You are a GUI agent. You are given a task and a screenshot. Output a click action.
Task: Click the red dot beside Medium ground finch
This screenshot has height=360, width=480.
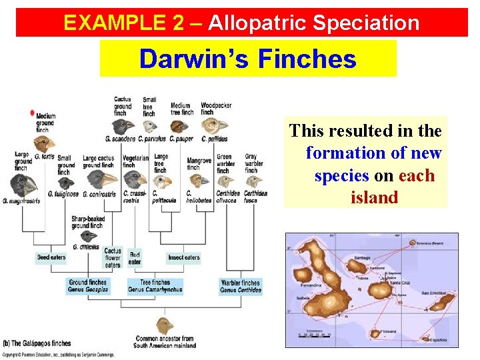coord(32,114)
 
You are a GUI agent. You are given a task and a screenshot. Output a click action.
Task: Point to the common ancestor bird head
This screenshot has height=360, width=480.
coord(164,327)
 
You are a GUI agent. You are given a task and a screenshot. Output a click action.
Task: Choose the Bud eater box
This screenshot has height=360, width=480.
coord(135,257)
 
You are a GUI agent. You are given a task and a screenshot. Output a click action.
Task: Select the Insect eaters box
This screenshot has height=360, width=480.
coord(183,257)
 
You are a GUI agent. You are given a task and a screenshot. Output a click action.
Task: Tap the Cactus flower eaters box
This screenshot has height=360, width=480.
coord(113,259)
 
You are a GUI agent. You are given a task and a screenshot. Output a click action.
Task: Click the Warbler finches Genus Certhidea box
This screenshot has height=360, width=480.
coord(241,287)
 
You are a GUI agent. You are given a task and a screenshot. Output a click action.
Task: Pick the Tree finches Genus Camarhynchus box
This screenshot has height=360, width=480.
coord(155,287)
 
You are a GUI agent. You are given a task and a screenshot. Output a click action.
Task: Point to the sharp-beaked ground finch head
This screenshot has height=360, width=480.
coord(87,235)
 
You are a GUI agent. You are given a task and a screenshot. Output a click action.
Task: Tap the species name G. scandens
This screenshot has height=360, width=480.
coord(120,139)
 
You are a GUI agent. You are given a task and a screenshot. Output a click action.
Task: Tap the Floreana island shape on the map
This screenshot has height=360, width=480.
coord(371,331)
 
